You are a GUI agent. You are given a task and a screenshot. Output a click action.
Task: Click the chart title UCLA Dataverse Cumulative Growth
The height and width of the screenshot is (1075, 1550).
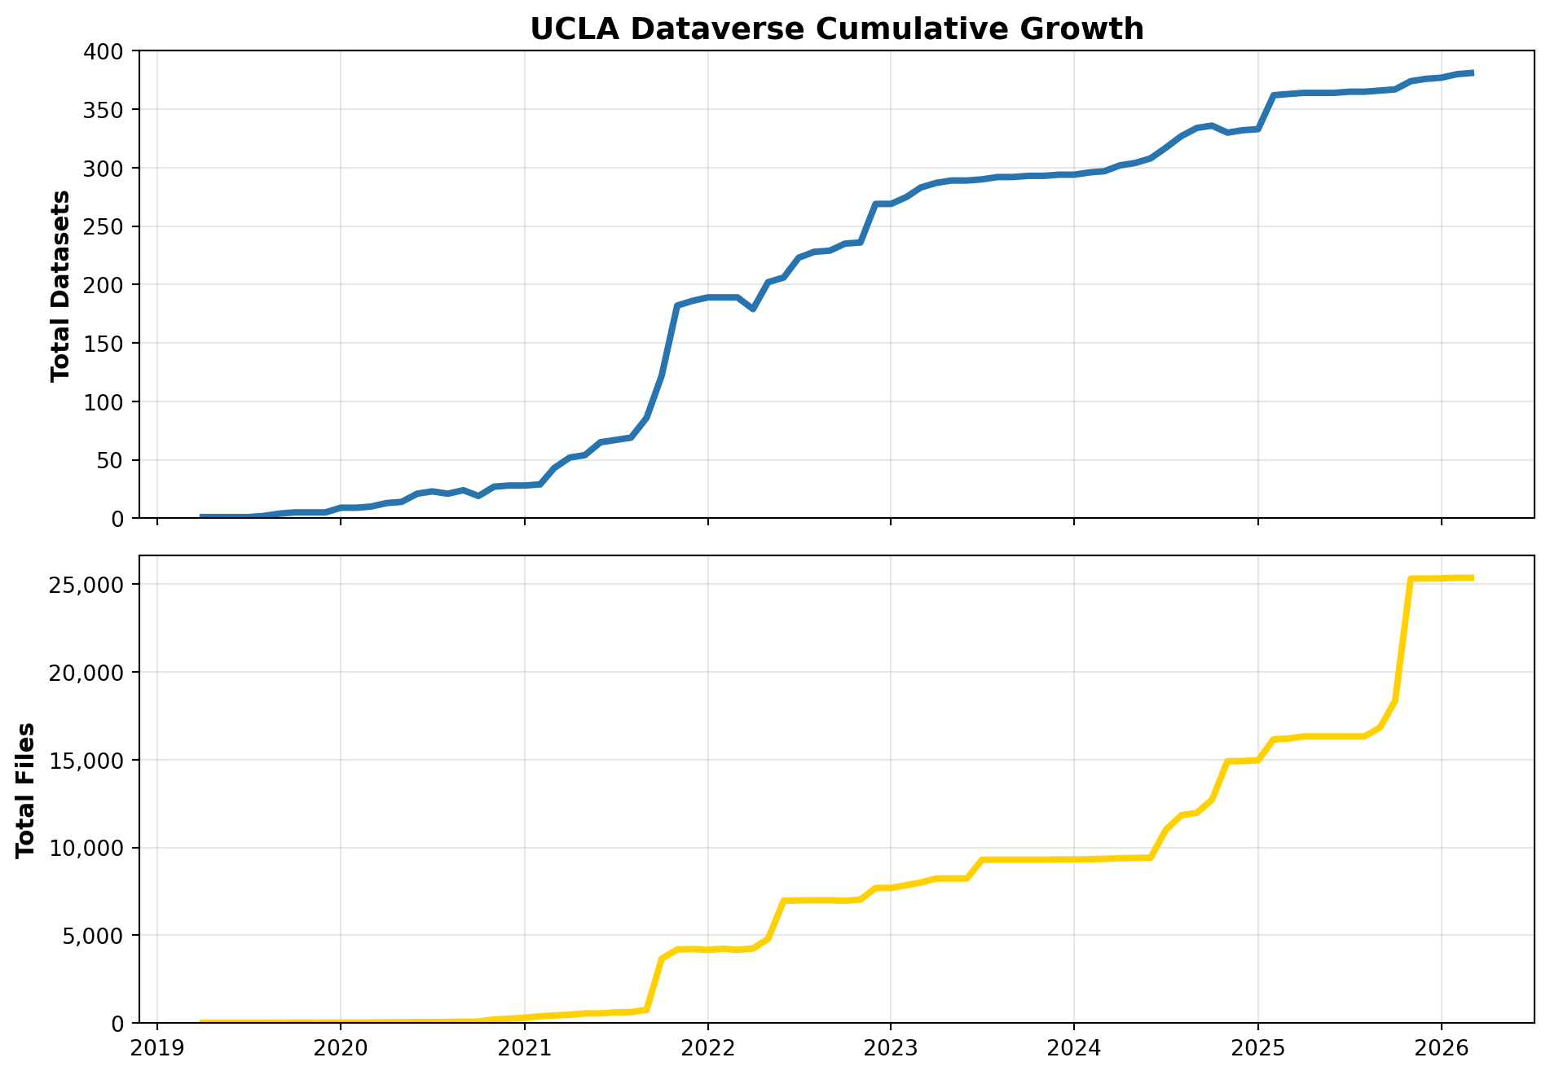point(836,29)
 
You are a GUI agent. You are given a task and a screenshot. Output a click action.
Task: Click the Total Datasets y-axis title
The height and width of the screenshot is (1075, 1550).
point(60,285)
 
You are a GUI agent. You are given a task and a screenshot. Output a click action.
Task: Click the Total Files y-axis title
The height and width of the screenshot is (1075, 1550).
point(26,789)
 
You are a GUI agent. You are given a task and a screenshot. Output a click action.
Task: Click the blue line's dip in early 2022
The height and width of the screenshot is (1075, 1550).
point(753,309)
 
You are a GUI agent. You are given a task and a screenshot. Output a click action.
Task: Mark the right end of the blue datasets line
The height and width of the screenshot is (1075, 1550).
point(1472,73)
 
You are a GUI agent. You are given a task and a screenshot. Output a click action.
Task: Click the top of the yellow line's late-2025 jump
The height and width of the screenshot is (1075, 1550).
point(1411,579)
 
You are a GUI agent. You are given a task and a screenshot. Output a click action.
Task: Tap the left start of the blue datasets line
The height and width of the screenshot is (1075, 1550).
point(202,516)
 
